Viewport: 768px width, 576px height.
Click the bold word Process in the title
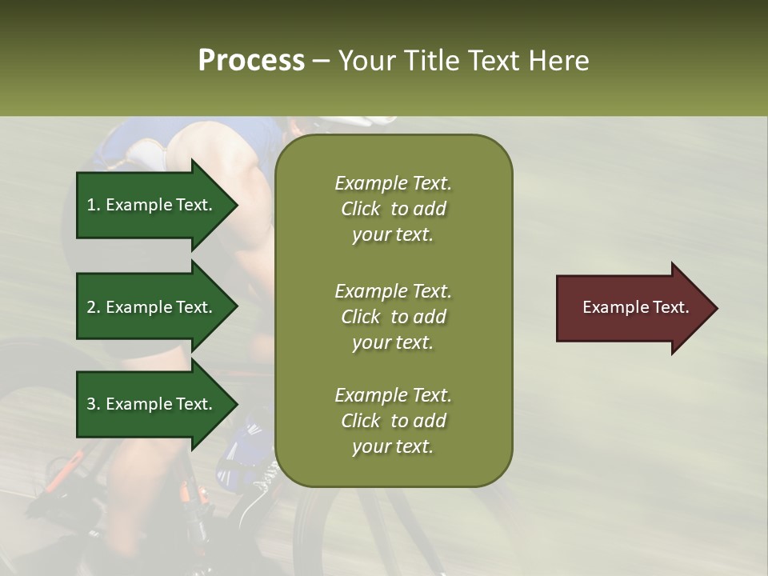[x=251, y=61]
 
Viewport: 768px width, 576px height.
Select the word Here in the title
[x=558, y=61]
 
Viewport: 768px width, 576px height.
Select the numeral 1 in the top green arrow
[x=91, y=206]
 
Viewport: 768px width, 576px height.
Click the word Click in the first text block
[x=361, y=210]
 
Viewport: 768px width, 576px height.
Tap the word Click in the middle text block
[x=361, y=317]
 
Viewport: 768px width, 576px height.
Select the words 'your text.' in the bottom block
[x=393, y=447]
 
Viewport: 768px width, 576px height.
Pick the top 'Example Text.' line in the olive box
[x=393, y=184]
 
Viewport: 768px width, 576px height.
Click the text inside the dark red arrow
[x=636, y=308]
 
